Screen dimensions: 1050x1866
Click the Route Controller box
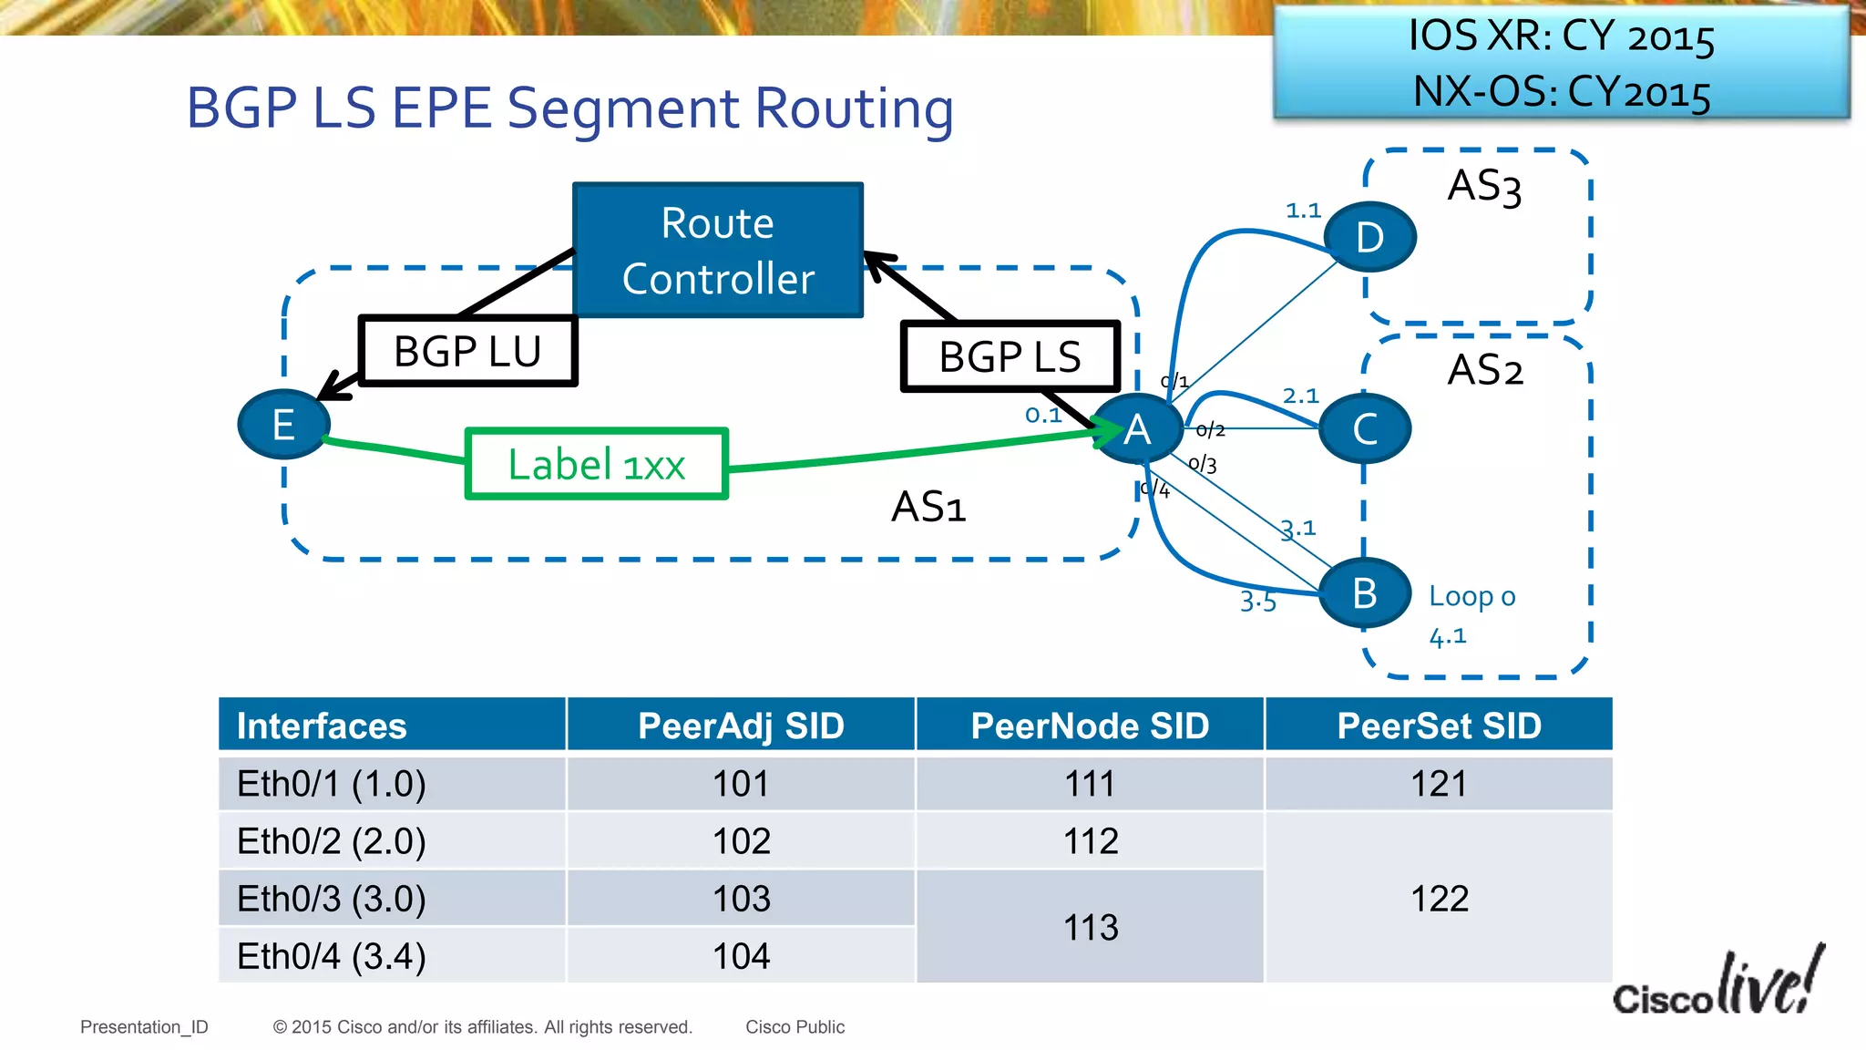click(x=718, y=251)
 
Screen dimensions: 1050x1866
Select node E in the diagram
click(x=283, y=424)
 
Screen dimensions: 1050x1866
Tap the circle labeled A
click(x=1137, y=429)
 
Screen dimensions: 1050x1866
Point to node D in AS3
click(x=1369, y=237)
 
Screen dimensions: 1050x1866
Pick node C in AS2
click(x=1364, y=428)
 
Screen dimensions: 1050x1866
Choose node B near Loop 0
click(x=1364, y=593)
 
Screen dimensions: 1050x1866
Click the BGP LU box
click(x=468, y=352)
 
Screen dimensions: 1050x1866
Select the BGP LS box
click(x=1010, y=356)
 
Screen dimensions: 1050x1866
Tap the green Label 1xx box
click(x=597, y=464)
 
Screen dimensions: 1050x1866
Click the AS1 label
click(x=928, y=507)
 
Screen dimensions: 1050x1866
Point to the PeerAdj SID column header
click(x=741, y=726)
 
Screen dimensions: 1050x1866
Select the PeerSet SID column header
click(x=1439, y=726)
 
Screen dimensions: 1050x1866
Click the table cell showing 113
click(x=1091, y=927)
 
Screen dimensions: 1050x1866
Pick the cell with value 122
click(x=1439, y=899)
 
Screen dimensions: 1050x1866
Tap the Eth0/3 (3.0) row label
click(x=332, y=899)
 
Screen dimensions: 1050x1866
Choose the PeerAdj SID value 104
click(x=741, y=956)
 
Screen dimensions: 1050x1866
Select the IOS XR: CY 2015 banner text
click(x=1561, y=36)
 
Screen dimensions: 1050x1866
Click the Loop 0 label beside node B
click(x=1471, y=596)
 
